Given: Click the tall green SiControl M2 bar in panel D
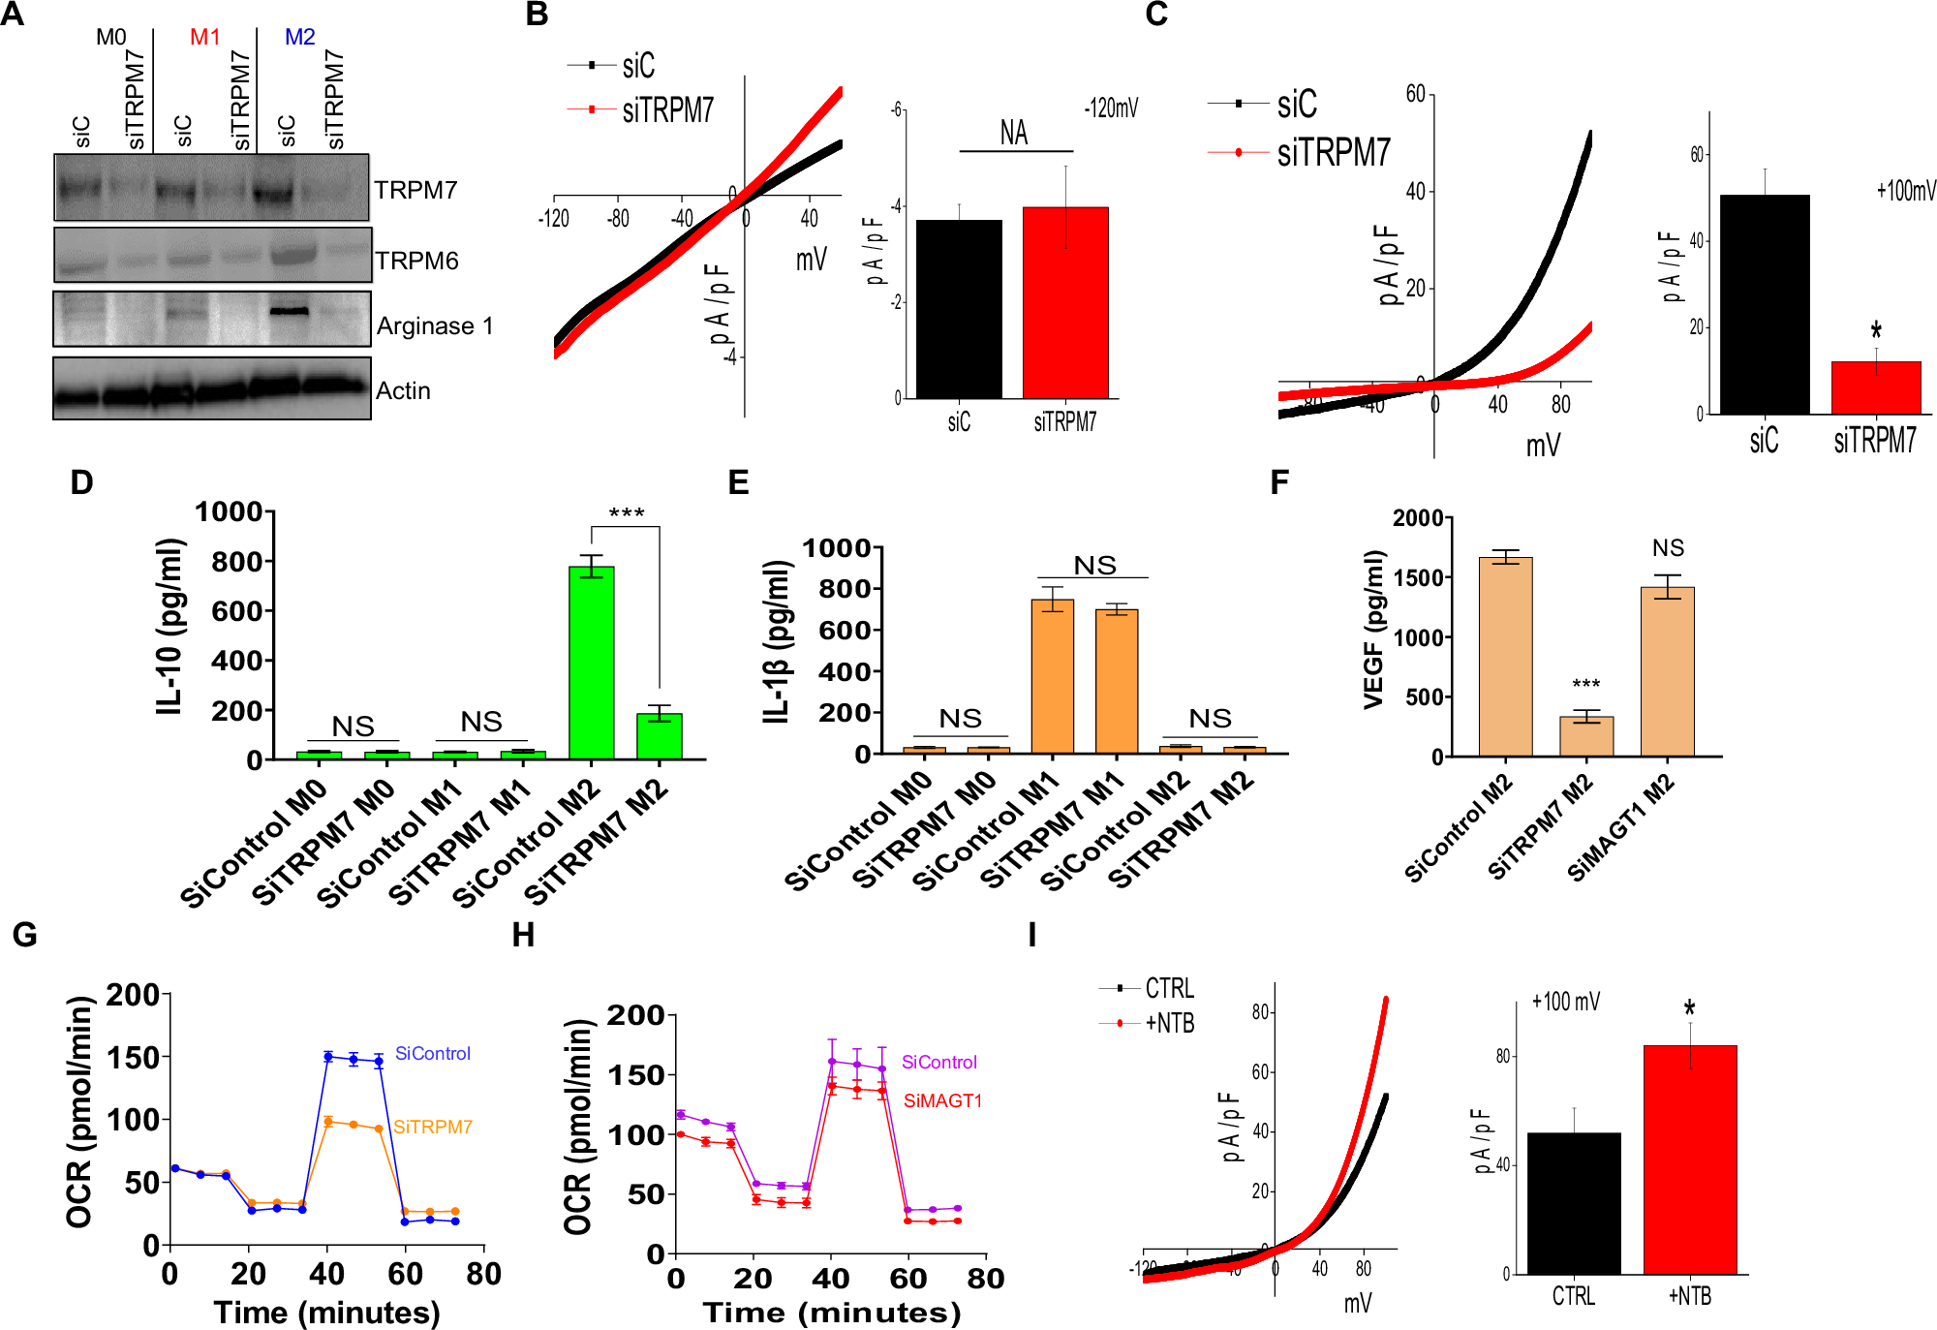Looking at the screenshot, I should coord(591,663).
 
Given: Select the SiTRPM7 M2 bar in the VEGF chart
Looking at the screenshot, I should coord(1585,735).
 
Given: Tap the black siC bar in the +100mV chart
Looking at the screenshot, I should coord(1765,304).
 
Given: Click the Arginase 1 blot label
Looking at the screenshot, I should coord(435,326).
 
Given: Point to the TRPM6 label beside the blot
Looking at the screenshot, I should coord(416,261).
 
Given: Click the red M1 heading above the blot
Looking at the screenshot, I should coord(205,37).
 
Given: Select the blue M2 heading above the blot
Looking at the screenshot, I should coord(299,37).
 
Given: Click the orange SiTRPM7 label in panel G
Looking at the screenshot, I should coord(432,1127).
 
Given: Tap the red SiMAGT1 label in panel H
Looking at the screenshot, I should coord(941,1100).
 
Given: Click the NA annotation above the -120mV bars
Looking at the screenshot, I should coord(1014,133).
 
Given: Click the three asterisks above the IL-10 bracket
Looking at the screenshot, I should coord(626,513).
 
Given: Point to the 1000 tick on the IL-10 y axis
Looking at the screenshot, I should coord(230,511).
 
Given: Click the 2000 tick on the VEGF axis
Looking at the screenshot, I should coord(1418,518).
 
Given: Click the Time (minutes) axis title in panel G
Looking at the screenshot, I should coord(326,1313).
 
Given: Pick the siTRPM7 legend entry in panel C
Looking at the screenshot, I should coord(1333,152).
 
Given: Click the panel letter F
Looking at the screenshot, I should coord(1278,481).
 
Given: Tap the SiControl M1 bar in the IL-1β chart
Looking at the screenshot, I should coord(1052,676).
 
